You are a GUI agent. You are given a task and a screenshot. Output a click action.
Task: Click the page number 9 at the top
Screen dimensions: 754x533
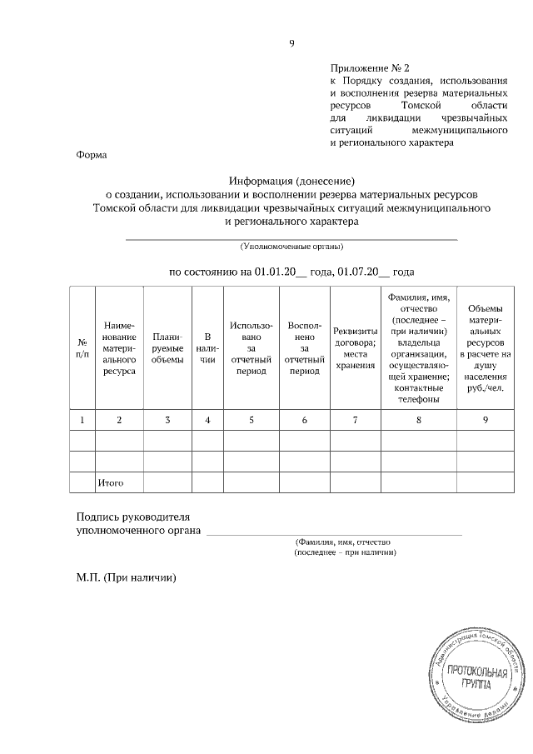pyautogui.click(x=291, y=43)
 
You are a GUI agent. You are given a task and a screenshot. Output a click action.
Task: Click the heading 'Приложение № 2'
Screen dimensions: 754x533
pyautogui.click(x=371, y=66)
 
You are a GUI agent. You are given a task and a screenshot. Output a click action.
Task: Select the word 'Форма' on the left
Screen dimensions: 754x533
pyautogui.click(x=91, y=154)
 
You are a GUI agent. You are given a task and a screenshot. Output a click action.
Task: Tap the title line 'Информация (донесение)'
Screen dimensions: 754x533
pyautogui.click(x=291, y=180)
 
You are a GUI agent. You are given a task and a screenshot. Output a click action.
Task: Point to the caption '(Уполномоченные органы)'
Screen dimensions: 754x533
pyautogui.click(x=291, y=247)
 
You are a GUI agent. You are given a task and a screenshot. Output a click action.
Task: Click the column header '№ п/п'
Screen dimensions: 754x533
pyautogui.click(x=82, y=348)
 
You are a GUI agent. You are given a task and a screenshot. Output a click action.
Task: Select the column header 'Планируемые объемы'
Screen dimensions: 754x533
pyautogui.click(x=167, y=348)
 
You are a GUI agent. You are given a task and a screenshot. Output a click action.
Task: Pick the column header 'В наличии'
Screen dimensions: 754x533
pyautogui.click(x=207, y=348)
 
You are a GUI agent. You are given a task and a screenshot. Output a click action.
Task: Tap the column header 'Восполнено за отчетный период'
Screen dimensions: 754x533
pyautogui.click(x=304, y=348)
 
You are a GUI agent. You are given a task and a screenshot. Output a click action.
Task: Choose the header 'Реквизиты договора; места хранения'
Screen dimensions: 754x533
pyautogui.click(x=355, y=348)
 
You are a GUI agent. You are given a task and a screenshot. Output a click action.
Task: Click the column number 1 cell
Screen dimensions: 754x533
pyautogui.click(x=82, y=420)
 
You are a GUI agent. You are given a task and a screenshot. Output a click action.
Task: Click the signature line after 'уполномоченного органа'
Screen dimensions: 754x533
pyautogui.click(x=333, y=532)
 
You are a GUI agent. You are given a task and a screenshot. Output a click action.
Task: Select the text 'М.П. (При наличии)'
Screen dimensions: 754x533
pyautogui.click(x=127, y=577)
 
